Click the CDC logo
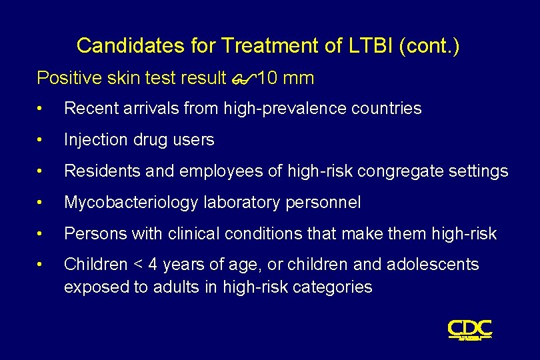tap(469, 329)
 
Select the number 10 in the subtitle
tap(267, 79)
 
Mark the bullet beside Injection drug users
tap(41, 140)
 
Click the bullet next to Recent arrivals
tap(41, 109)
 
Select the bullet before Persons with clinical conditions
tap(41, 234)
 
